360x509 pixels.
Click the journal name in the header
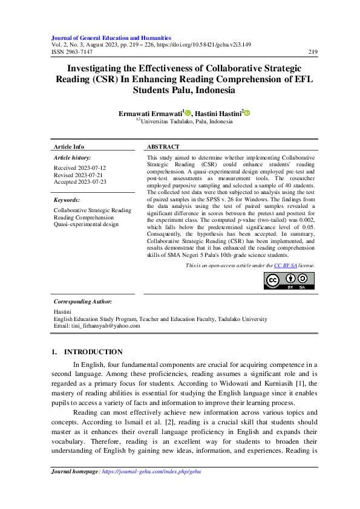coord(111,37)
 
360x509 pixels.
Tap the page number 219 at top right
coord(313,52)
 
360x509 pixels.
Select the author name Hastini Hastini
coord(218,112)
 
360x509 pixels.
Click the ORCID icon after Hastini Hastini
coord(247,112)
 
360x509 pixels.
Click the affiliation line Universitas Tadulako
coord(186,122)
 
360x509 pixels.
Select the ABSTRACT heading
coord(163,147)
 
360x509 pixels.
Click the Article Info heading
coord(69,147)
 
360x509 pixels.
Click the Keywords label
coord(67,199)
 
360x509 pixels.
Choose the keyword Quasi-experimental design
coord(86,224)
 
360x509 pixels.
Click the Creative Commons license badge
coord(289,280)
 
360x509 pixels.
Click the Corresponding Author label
coord(82,301)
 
